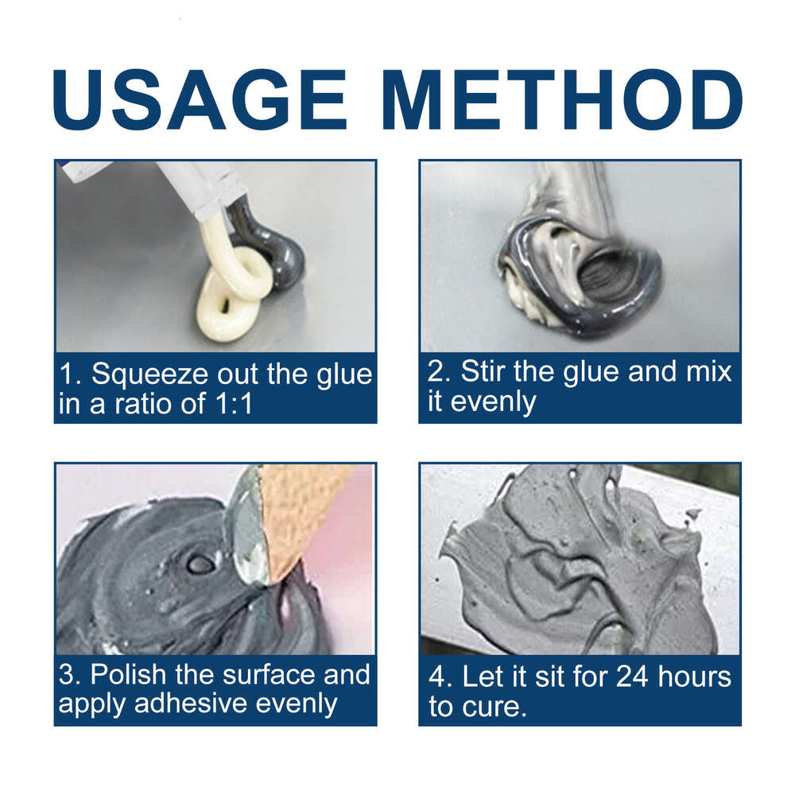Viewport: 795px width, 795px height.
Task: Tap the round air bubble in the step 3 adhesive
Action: coord(200,563)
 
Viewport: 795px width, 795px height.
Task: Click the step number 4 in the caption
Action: coord(436,677)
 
